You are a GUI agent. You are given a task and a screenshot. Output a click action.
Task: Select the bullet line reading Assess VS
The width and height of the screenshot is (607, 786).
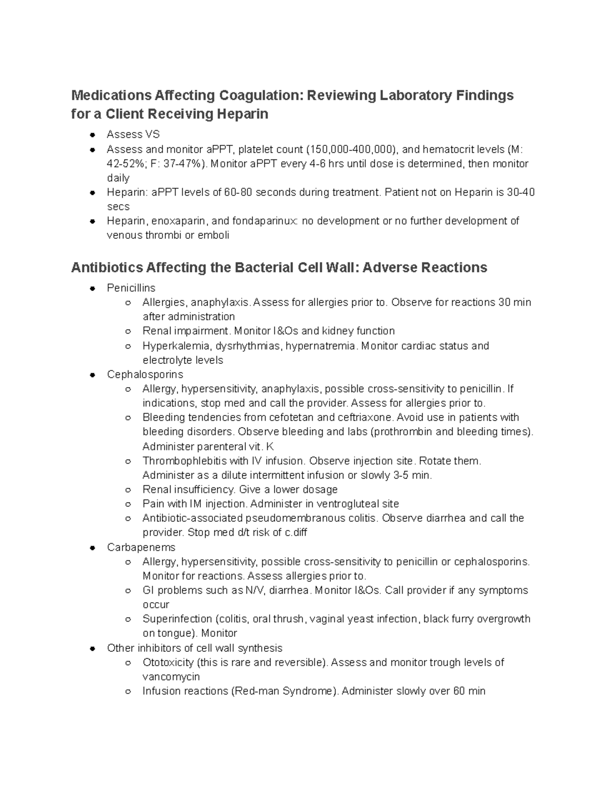coord(133,134)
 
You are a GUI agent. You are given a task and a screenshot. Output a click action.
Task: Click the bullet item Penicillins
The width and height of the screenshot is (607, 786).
coord(131,287)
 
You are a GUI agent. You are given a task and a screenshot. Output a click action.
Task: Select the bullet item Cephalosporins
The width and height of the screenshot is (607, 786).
coord(145,374)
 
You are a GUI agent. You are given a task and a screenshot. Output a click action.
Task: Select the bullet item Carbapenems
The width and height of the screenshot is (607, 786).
coord(141,547)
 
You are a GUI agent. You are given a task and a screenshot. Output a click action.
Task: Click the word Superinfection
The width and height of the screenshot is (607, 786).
coord(177,618)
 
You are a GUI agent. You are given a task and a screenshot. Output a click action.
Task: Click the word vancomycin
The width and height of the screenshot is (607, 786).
coord(171,677)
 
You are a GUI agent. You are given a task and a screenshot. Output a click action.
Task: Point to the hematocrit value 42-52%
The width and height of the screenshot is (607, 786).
coord(125,163)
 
